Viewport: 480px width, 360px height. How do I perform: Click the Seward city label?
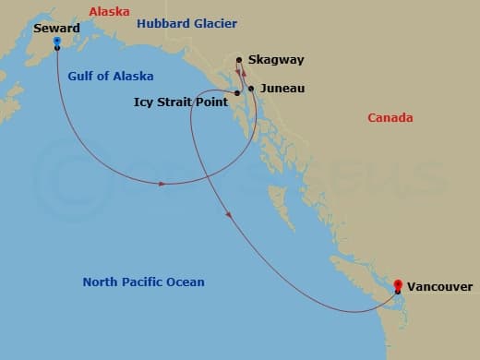pyautogui.click(x=56, y=28)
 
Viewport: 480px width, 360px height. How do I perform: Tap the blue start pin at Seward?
pyautogui.click(x=57, y=42)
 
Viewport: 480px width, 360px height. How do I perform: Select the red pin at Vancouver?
pyautogui.click(x=398, y=285)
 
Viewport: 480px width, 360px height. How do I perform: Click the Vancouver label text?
pyautogui.click(x=439, y=287)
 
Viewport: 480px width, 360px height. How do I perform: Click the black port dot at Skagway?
pyautogui.click(x=240, y=60)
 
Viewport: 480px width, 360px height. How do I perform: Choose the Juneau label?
pyautogui.click(x=283, y=90)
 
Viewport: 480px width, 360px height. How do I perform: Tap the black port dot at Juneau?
pyautogui.click(x=251, y=89)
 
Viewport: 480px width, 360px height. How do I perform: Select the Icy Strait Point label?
pyautogui.click(x=180, y=102)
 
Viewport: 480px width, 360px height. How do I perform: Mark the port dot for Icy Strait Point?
pyautogui.click(x=237, y=93)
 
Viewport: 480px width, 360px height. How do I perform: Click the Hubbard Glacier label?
pyautogui.click(x=186, y=23)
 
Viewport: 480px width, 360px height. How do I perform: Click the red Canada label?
pyautogui.click(x=390, y=118)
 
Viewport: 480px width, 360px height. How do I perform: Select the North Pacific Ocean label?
pyautogui.click(x=143, y=282)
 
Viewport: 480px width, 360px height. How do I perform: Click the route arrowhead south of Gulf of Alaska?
pyautogui.click(x=162, y=184)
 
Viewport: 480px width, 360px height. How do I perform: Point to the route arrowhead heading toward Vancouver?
pyautogui.click(x=229, y=214)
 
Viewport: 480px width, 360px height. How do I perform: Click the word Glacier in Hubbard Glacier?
pyautogui.click(x=214, y=23)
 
